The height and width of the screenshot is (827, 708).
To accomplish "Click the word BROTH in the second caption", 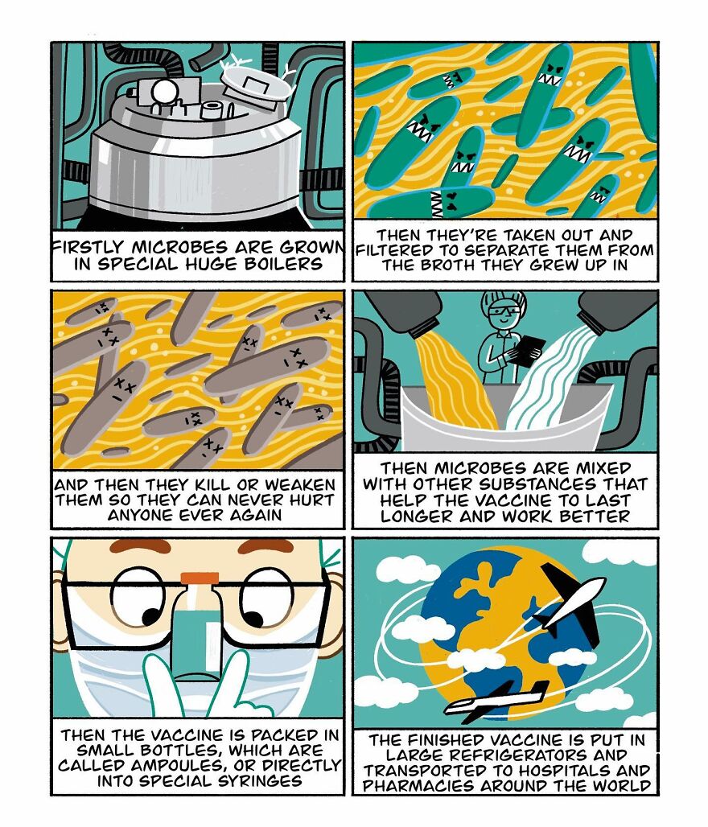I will (x=462, y=265).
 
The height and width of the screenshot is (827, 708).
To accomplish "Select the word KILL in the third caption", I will (x=233, y=484).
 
